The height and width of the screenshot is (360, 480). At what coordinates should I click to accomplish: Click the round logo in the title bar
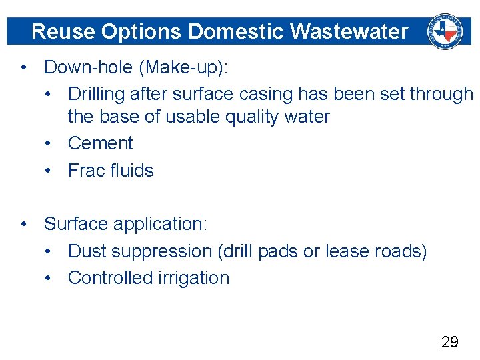(x=445, y=31)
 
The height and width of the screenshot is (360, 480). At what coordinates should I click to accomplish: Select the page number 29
(x=450, y=342)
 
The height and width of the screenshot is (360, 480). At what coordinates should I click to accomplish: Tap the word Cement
(x=100, y=143)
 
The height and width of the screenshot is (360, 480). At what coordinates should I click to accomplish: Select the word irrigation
(x=193, y=278)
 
